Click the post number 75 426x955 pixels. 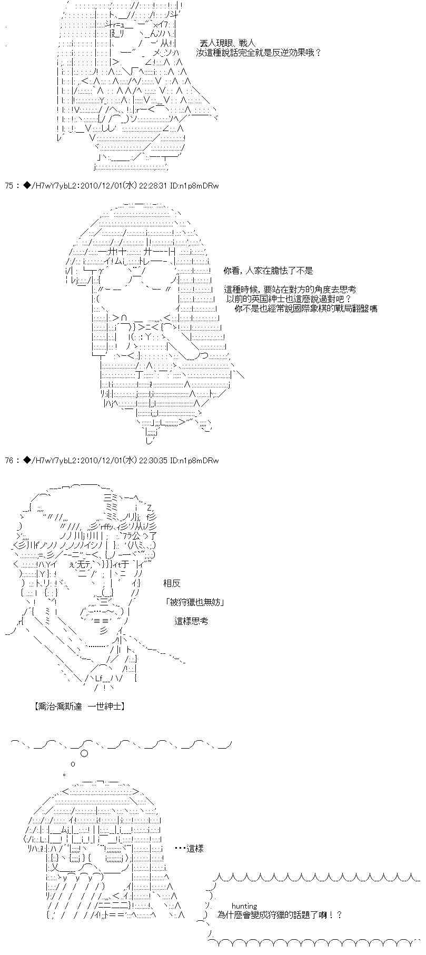(x=9, y=185)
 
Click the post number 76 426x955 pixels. (x=9, y=460)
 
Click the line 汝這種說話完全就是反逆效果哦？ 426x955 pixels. (x=258, y=53)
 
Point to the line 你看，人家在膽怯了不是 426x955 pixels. (x=268, y=271)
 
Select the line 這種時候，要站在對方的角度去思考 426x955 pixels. (x=290, y=289)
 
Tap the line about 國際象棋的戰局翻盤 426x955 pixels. (x=306, y=308)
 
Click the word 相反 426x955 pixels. (x=172, y=583)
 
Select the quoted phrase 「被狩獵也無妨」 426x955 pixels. (x=194, y=602)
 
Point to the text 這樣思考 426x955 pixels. (x=191, y=621)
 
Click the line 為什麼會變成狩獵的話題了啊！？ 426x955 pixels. (x=279, y=914)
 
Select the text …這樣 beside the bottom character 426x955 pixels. (x=189, y=848)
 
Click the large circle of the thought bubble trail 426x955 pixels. (x=84, y=754)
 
